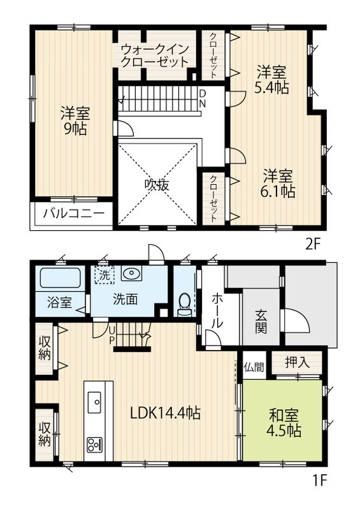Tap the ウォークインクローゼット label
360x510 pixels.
pos(154,55)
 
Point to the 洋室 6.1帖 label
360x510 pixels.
pos(277,184)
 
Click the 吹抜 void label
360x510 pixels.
pos(157,185)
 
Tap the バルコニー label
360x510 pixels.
pos(74,214)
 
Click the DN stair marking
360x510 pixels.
pos(202,99)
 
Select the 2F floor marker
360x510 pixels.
pos(313,244)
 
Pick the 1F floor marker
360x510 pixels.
pos(319,489)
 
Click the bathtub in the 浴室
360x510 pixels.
pos(60,278)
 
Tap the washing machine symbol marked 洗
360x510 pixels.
pos(104,275)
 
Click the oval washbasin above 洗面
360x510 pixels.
pos(131,273)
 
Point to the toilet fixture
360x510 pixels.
pos(184,304)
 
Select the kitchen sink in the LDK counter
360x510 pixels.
pos(95,402)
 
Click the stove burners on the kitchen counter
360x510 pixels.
pos(94,444)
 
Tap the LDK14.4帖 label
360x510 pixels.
pos(165,413)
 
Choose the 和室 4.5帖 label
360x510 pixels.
pos(284,423)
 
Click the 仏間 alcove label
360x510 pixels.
pos(254,367)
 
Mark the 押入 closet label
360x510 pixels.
pos(297,362)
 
